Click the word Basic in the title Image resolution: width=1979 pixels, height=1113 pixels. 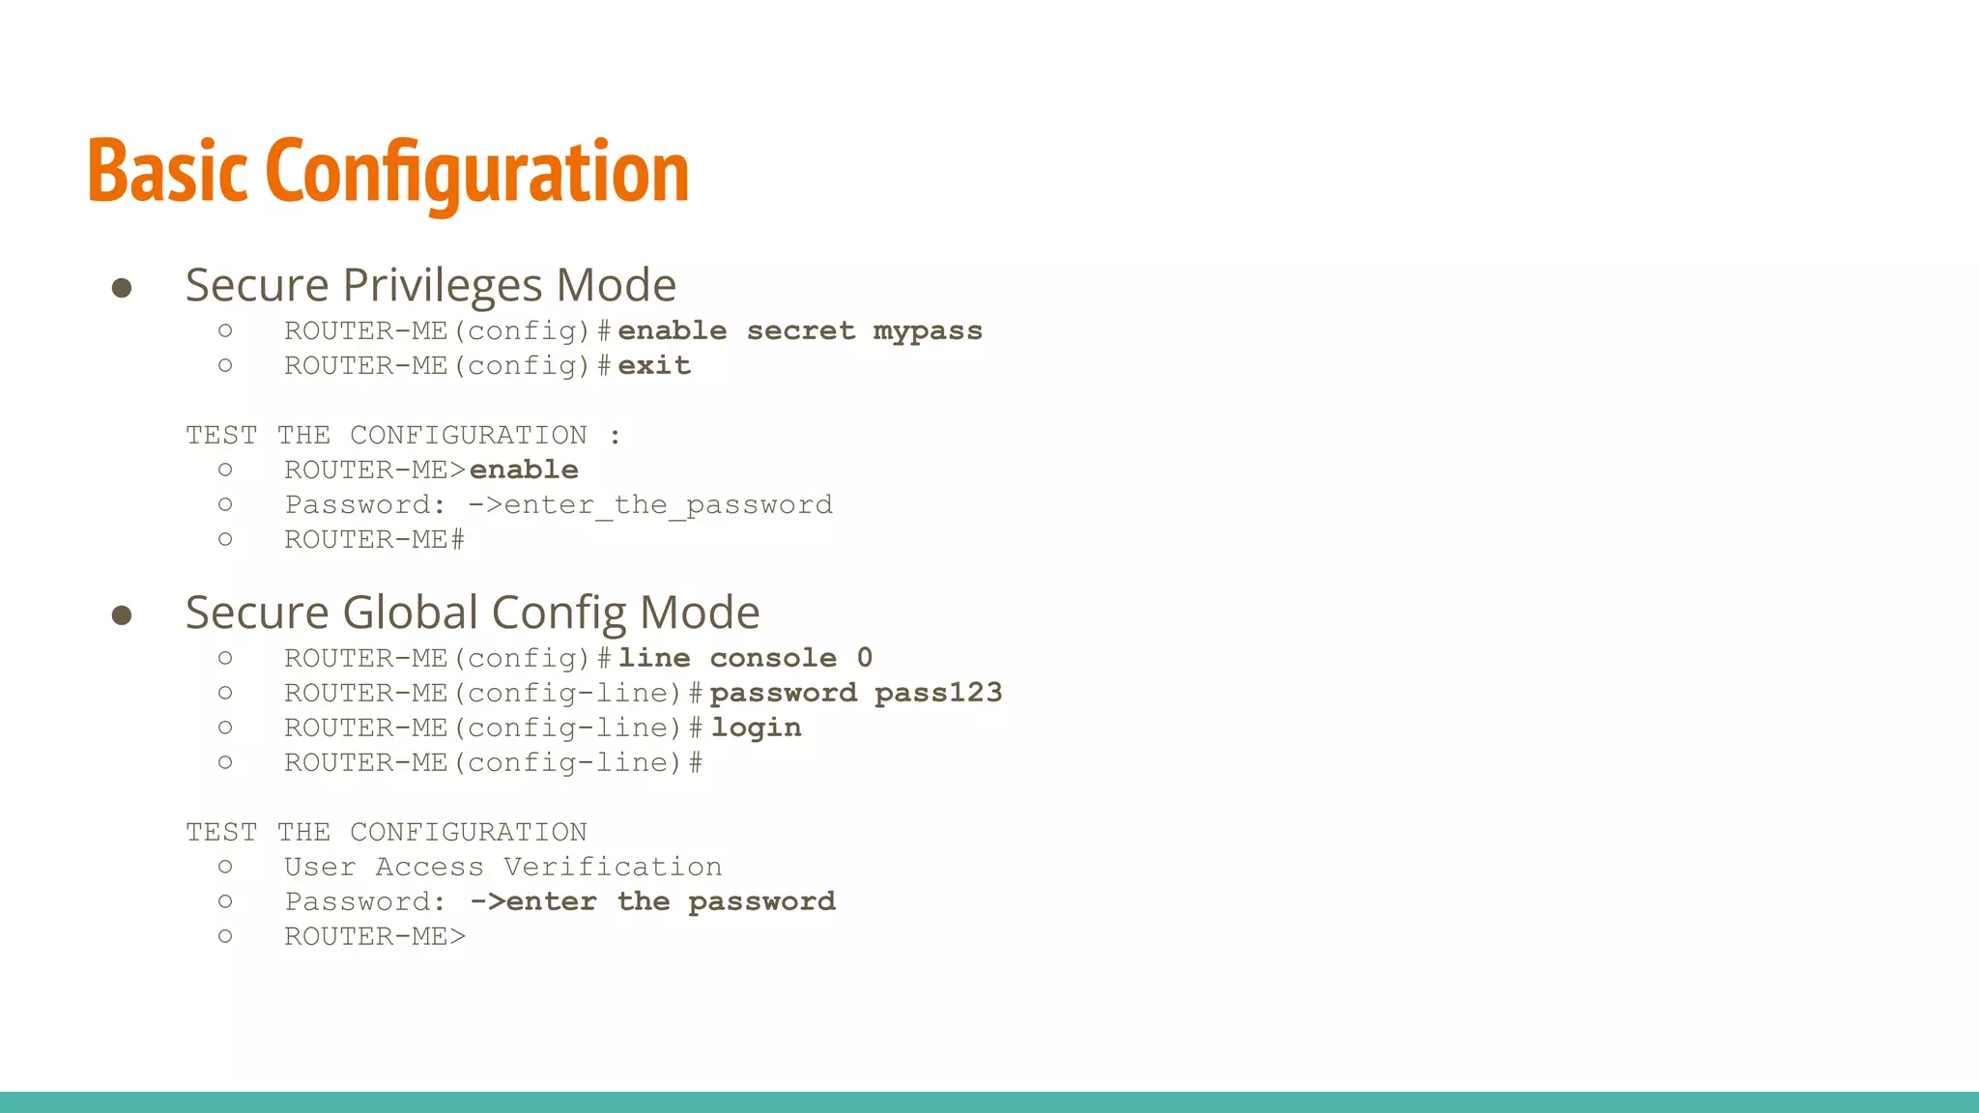[x=167, y=172]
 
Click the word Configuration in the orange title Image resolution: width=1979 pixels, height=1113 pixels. [x=476, y=172]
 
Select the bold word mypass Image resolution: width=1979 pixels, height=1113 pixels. [x=928, y=331]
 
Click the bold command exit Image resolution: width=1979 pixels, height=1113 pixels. [x=654, y=366]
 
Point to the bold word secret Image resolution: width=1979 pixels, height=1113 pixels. [x=800, y=331]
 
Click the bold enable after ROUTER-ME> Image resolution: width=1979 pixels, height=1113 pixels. [x=524, y=471]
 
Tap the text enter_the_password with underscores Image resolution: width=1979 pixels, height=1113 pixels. [x=668, y=505]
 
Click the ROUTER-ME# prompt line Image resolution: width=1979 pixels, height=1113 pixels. [x=374, y=540]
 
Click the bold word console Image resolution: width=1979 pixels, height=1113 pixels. [x=773, y=659]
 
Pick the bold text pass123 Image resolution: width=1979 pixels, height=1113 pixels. [x=938, y=694]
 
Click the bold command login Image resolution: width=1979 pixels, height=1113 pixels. [x=757, y=728]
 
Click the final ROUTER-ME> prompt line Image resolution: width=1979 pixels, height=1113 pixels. [x=374, y=937]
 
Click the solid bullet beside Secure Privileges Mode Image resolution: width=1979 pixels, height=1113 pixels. [x=122, y=288]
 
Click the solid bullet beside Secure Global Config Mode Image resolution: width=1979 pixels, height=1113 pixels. [x=122, y=615]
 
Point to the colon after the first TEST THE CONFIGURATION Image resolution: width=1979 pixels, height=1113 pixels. [x=616, y=437]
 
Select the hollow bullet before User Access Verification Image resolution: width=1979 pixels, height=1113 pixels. [x=225, y=868]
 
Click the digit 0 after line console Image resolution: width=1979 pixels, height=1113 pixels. [x=864, y=659]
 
